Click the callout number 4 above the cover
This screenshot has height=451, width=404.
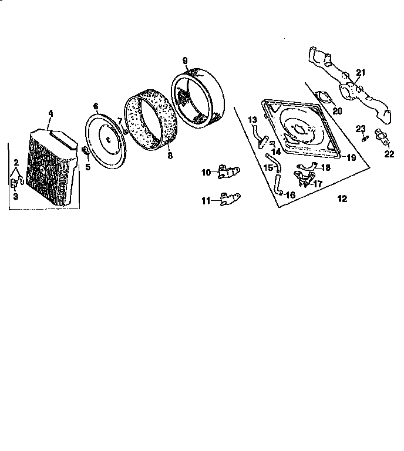(51, 113)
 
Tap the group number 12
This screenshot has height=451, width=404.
(342, 198)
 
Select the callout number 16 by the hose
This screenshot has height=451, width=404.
(290, 194)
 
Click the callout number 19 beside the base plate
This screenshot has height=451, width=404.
(351, 157)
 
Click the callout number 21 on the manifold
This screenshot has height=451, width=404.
(361, 73)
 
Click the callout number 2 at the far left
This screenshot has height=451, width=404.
(16, 161)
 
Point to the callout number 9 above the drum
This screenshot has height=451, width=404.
(184, 60)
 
